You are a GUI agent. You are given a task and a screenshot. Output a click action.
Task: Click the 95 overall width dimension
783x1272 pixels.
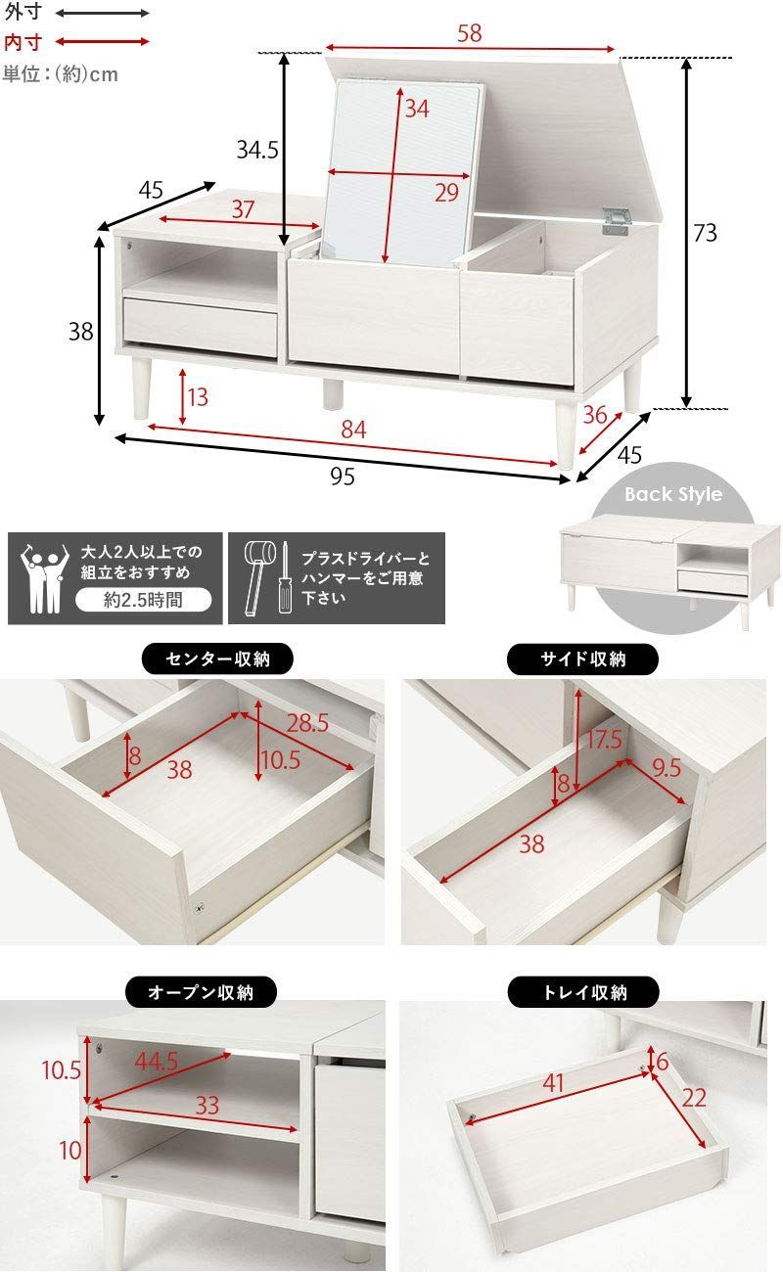click(x=342, y=477)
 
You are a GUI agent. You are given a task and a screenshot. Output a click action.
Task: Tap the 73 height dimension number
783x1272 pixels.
click(x=705, y=233)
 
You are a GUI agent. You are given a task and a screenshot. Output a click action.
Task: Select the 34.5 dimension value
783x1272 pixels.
click(x=257, y=150)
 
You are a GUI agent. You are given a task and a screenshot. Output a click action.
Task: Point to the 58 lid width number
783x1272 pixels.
click(x=469, y=33)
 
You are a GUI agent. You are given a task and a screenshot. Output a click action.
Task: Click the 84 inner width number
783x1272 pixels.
click(x=353, y=430)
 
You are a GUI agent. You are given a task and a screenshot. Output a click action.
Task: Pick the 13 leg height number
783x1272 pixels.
click(x=198, y=397)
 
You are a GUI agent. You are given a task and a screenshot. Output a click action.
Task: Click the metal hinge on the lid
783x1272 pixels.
click(x=616, y=219)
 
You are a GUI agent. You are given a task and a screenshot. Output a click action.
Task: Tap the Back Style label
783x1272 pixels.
click(x=673, y=494)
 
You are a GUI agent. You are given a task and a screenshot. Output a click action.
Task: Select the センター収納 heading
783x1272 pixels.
click(x=217, y=659)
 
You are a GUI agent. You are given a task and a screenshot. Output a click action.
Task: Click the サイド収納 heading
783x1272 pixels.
click(x=583, y=659)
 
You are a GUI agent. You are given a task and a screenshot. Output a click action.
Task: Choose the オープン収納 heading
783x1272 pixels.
click(x=201, y=992)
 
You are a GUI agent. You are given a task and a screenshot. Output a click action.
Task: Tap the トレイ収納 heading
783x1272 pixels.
click(x=583, y=992)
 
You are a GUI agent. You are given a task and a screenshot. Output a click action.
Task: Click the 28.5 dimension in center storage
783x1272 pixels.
click(x=306, y=723)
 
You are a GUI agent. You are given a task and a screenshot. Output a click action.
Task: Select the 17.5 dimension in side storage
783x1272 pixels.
click(x=604, y=740)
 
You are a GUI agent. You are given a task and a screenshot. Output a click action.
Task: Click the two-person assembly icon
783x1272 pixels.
click(x=42, y=578)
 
